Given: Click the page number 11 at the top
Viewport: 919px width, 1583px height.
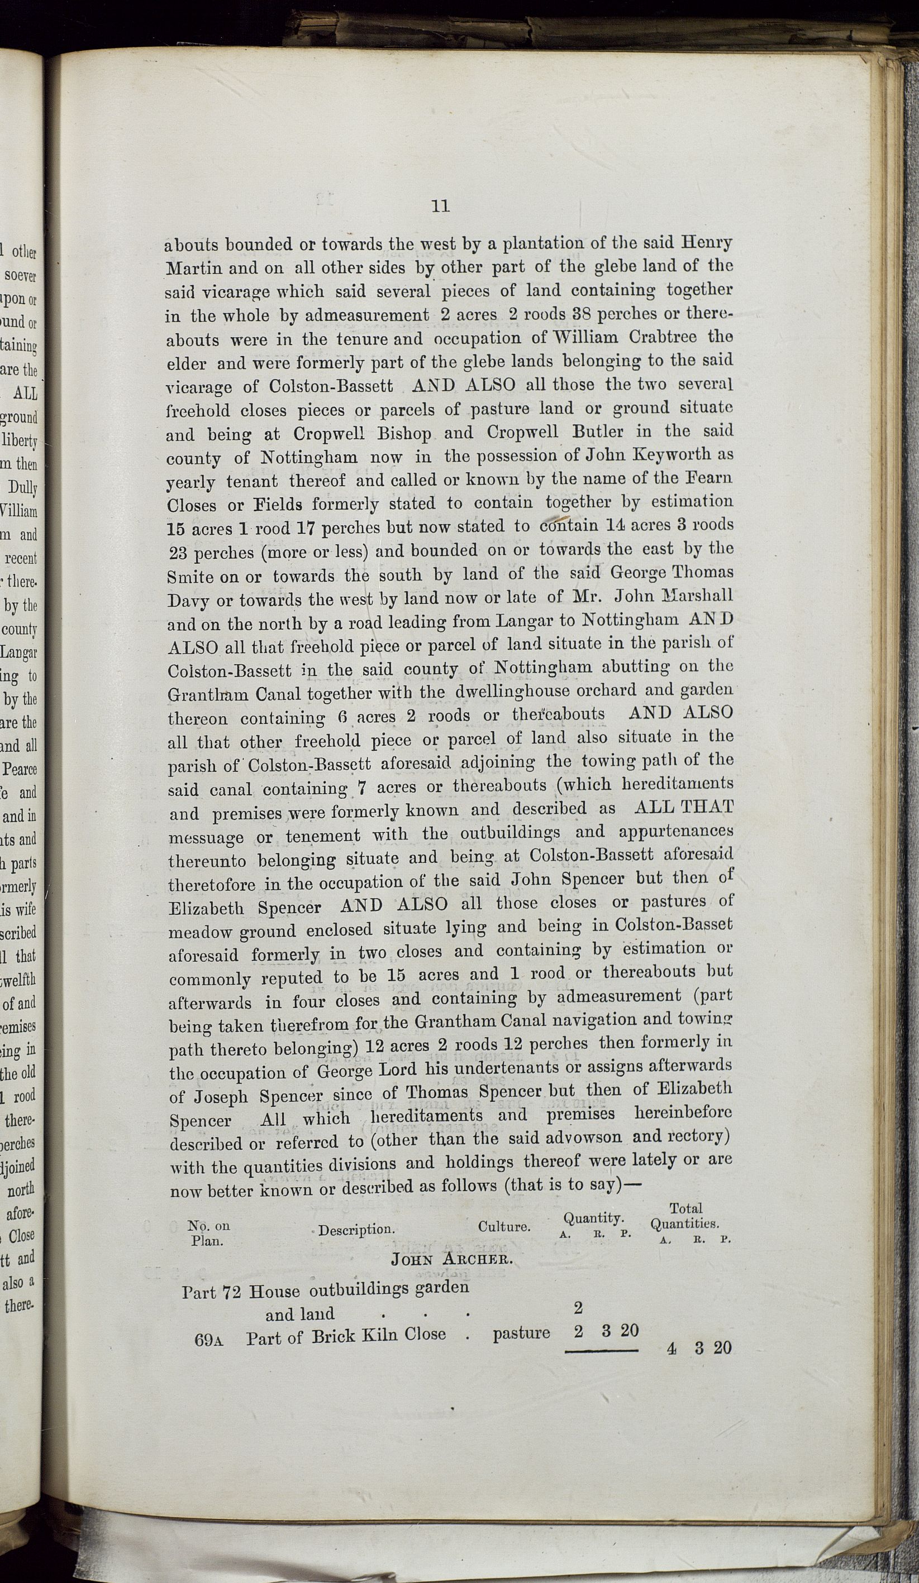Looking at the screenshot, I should click(x=440, y=206).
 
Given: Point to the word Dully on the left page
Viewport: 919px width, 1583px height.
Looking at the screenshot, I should click(x=24, y=488).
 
